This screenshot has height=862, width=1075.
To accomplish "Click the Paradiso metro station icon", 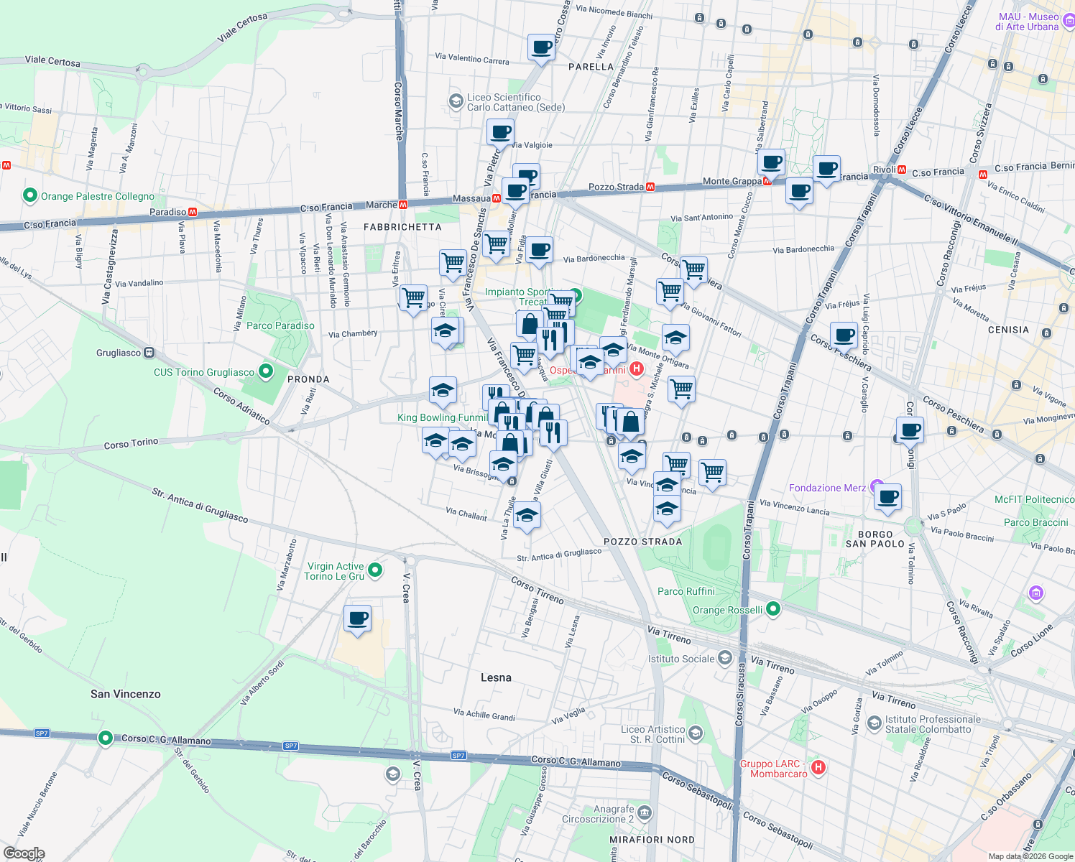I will point(193,212).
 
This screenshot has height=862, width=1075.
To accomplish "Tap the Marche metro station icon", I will point(403,205).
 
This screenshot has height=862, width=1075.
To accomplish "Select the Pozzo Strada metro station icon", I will point(650,187).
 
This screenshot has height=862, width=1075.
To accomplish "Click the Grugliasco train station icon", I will point(149,353).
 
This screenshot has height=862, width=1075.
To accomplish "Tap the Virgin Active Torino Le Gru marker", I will point(374,571).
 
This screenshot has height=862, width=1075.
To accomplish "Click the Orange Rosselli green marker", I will point(773,610).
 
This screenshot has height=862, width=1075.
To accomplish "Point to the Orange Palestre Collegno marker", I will point(30,195).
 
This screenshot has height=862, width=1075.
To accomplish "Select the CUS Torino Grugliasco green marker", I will point(266,371).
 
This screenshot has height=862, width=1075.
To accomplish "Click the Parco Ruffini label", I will point(686,591).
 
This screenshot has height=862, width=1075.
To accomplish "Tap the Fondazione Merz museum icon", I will point(877,486).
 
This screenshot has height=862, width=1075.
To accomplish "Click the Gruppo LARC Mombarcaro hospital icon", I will point(818,768).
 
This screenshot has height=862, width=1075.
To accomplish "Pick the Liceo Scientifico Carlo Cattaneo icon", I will point(456,101).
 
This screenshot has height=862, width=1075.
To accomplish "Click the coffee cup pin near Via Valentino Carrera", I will point(541,48).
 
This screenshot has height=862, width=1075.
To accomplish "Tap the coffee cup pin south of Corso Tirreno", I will point(357,618).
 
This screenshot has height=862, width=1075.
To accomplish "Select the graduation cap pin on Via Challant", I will point(527,515).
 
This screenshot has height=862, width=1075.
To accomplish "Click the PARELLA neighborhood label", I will point(591,67).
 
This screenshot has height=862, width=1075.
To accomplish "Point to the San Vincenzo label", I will point(126,694).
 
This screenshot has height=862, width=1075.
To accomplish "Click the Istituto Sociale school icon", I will point(724,658).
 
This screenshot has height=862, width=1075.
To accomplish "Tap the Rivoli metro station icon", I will point(901,170).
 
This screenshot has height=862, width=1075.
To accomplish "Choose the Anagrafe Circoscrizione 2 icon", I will point(645,812).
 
